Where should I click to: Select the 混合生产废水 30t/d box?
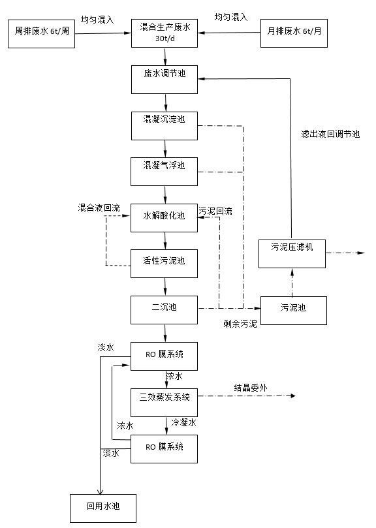pos(164,33)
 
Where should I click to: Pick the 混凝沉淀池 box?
pos(164,124)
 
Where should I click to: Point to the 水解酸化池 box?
pos(164,217)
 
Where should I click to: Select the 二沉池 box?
pos(164,309)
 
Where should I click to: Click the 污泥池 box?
pos(293,309)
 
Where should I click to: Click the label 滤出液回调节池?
pos(330,134)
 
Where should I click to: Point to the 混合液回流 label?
pos(99,208)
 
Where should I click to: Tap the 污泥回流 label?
pos(215,211)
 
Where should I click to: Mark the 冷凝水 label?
pos(184,422)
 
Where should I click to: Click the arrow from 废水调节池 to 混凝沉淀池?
pos(164,101)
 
